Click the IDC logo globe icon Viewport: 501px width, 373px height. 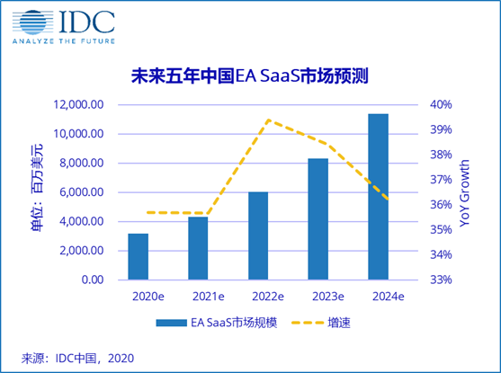point(27,21)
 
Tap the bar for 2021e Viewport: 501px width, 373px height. point(198,248)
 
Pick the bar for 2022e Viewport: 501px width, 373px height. point(258,235)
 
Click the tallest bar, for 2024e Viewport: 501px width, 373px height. point(379,196)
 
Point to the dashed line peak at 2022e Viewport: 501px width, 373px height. point(268,120)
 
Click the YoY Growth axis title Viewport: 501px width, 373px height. point(465,193)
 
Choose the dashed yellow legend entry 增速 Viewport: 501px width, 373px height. point(329,322)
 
